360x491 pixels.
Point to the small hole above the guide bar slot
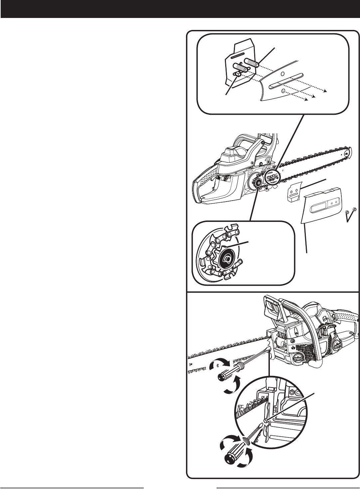[282, 74]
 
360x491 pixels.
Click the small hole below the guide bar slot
[283, 90]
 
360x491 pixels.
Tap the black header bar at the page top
[180, 9]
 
